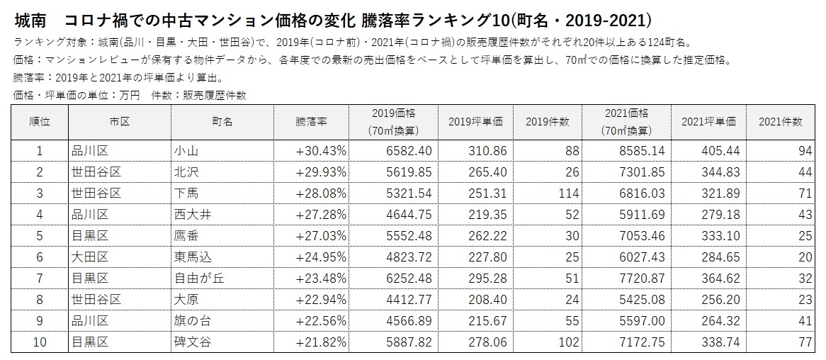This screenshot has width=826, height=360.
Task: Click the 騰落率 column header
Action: [x=311, y=122]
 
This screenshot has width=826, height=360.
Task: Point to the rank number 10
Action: [x=40, y=343]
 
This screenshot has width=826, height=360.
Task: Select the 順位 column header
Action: [x=40, y=122]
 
